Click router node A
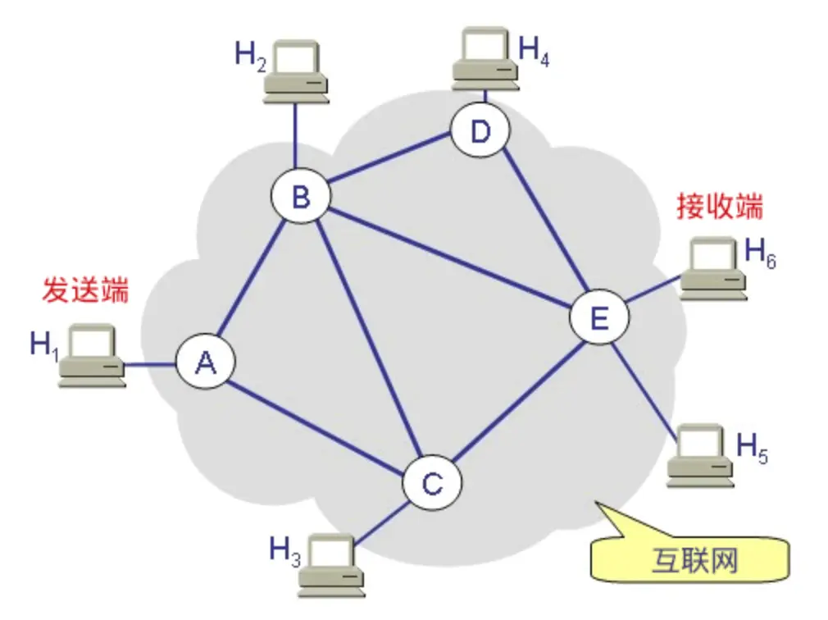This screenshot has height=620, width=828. tap(205, 362)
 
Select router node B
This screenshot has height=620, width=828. tap(301, 197)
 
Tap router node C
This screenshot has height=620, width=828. tap(431, 483)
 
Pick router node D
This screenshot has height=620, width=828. tap(480, 131)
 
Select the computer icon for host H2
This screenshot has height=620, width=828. tap(296, 73)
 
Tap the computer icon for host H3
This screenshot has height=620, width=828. tap(330, 565)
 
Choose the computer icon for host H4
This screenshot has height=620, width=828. tap(485, 58)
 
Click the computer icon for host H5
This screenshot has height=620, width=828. tap(700, 456)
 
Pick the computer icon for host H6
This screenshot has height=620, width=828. tap(714, 267)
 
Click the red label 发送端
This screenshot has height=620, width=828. tap(85, 289)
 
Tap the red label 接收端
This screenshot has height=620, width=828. tap(719, 207)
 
